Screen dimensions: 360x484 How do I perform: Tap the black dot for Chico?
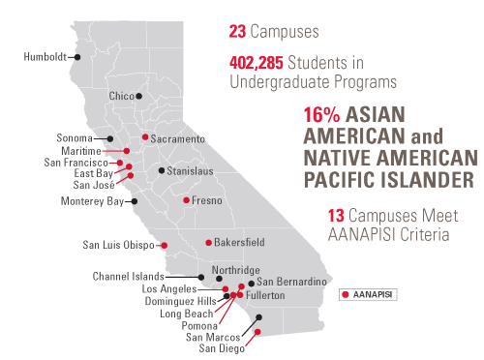(139, 96)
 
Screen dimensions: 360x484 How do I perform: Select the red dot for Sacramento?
(145, 136)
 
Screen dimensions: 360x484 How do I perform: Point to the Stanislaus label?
(189, 170)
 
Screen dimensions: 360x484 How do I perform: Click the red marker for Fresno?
(186, 200)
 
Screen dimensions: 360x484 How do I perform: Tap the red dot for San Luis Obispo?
(164, 245)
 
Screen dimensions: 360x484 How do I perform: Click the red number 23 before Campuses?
(238, 30)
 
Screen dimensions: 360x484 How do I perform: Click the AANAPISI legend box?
(370, 291)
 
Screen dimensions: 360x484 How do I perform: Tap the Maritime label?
(86, 151)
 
